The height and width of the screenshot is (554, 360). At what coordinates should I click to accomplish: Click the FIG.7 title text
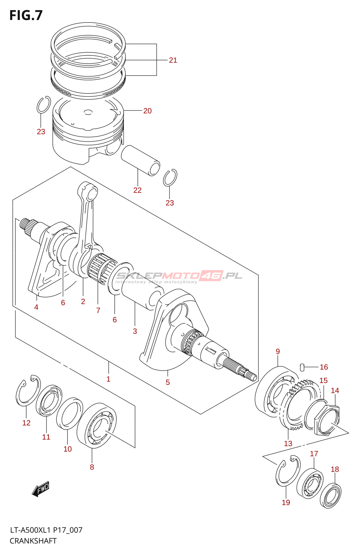point(26,16)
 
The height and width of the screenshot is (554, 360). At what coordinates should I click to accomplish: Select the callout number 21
point(173,60)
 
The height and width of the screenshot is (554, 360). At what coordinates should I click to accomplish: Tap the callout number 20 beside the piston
point(147,111)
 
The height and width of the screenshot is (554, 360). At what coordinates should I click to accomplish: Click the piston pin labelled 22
point(140,160)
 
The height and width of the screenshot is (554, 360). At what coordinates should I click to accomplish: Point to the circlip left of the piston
point(43,105)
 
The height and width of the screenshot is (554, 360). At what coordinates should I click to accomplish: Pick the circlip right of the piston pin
point(170,178)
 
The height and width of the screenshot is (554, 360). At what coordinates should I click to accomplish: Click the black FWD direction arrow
point(40,489)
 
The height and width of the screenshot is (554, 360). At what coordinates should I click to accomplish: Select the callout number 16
point(324,367)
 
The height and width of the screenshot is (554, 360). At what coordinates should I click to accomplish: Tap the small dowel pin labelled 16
point(302,366)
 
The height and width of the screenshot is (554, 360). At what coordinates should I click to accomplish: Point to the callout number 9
point(278,351)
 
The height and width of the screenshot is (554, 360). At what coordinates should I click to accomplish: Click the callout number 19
point(286,502)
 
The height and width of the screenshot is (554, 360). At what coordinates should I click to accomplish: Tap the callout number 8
point(92,467)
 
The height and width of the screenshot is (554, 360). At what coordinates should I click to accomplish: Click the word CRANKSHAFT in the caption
point(33,541)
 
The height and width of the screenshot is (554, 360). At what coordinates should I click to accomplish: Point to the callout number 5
point(168,382)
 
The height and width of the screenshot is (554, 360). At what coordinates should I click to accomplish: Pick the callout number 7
point(98,310)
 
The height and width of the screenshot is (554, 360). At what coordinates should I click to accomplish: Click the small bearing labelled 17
point(310,484)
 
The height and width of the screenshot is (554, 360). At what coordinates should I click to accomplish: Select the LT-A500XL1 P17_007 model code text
point(46,530)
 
